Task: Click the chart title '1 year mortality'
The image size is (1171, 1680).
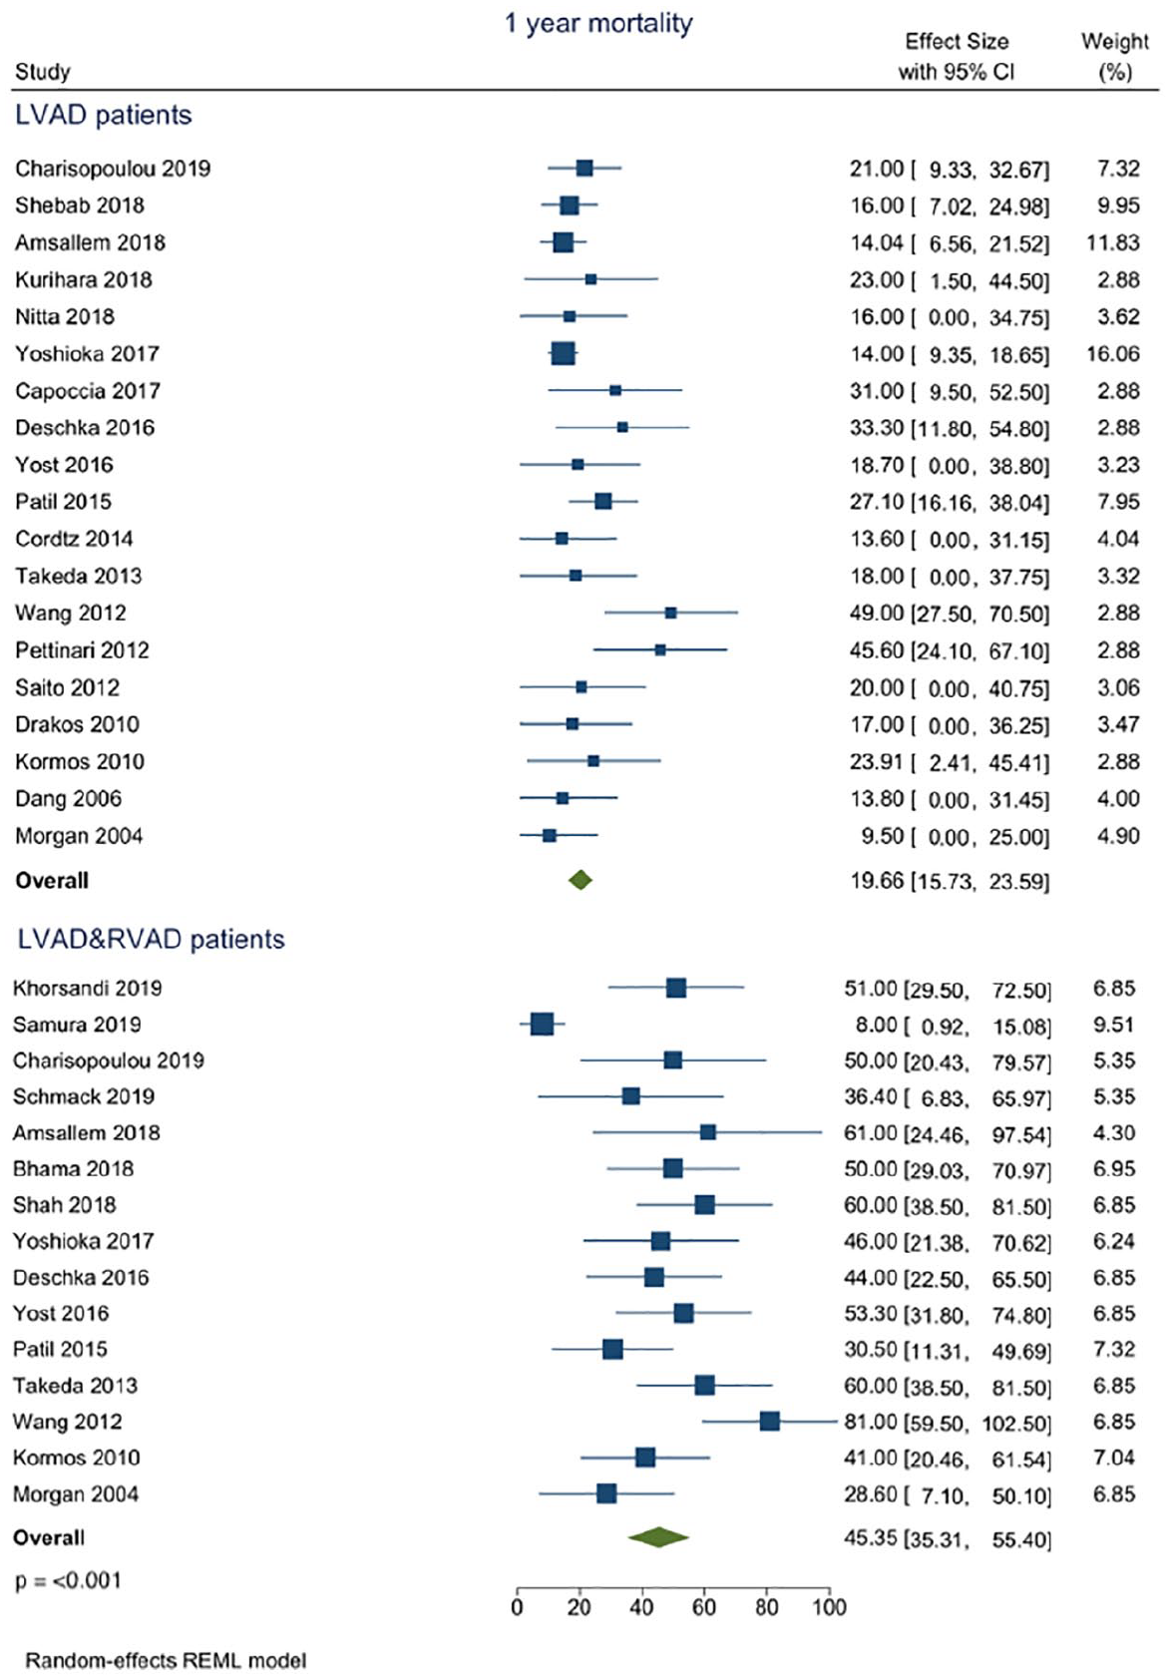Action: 598,24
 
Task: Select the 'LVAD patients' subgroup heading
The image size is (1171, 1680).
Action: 104,115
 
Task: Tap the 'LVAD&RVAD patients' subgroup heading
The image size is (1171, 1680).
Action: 151,939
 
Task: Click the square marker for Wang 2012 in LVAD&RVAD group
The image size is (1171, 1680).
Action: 769,1421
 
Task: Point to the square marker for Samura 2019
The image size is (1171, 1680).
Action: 542,1024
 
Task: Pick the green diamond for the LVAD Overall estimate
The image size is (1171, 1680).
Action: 581,880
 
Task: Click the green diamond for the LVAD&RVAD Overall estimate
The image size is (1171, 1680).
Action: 658,1536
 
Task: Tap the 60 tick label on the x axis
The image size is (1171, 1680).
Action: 703,1606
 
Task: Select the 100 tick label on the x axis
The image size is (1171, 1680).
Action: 829,1606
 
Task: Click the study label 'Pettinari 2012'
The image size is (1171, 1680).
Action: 82,650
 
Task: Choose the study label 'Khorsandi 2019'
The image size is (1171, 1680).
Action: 87,988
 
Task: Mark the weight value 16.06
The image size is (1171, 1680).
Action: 1112,354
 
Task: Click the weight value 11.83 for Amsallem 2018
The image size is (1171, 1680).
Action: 1112,243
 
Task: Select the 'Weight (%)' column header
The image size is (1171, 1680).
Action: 1114,56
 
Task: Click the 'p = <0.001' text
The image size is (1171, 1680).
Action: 68,1580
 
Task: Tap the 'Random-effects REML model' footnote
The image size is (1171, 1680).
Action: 166,1660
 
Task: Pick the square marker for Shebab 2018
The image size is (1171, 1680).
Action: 569,205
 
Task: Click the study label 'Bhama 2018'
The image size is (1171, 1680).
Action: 73,1168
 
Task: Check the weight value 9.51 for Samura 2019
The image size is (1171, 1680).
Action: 1113,1025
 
